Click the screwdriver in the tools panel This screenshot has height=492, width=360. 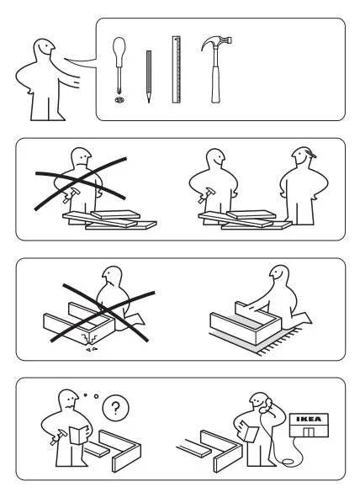click(119, 66)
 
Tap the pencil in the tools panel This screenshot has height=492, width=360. click(149, 77)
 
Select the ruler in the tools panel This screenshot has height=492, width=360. click(177, 70)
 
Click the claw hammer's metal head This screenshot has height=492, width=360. click(216, 43)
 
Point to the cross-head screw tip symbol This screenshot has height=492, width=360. click(119, 100)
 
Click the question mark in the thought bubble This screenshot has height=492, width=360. click(115, 408)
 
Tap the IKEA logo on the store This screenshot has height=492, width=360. click(310, 419)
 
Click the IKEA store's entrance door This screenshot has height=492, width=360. click(309, 431)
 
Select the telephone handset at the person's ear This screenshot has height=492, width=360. click(266, 405)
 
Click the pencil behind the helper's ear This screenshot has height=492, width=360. click(310, 153)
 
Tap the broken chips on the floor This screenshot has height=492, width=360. click(92, 348)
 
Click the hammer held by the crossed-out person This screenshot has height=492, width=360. click(70, 195)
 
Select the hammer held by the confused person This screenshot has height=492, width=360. click(58, 437)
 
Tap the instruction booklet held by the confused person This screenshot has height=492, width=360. click(79, 435)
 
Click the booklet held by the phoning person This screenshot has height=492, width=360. click(249, 431)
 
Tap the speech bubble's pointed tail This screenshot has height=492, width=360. click(81, 62)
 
